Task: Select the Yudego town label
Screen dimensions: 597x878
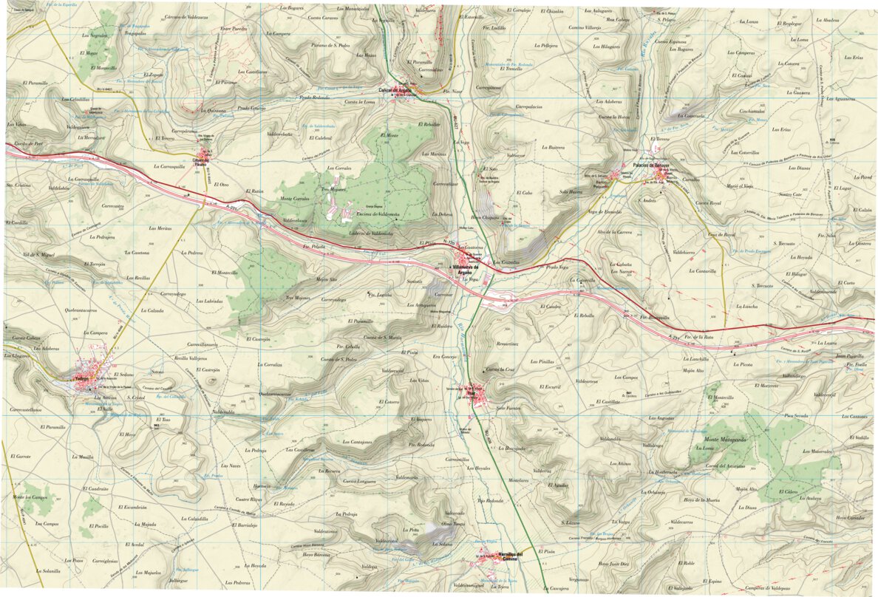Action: click(x=81, y=378)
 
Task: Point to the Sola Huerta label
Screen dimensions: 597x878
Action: click(x=572, y=192)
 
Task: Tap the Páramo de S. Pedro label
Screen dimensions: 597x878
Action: click(x=329, y=46)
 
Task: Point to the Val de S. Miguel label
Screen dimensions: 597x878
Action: click(x=38, y=254)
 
